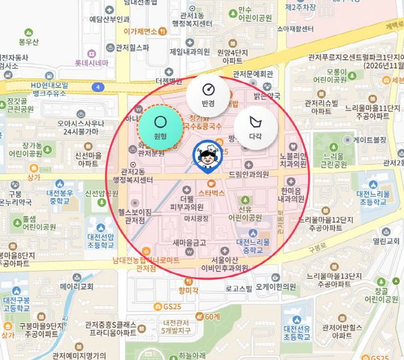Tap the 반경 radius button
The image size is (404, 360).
208,93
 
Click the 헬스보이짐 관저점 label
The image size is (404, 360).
136,216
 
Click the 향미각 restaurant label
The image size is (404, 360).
188,290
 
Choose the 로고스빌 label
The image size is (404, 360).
239,289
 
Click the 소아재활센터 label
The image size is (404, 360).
290,29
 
